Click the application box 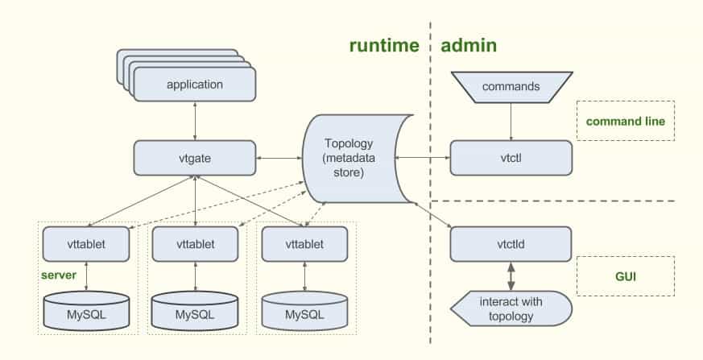[194, 85]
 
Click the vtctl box [511, 157]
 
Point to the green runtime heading [384, 46]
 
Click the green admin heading [469, 46]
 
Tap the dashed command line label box [626, 122]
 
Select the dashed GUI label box [626, 276]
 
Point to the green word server [59, 275]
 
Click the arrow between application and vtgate [194, 121]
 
